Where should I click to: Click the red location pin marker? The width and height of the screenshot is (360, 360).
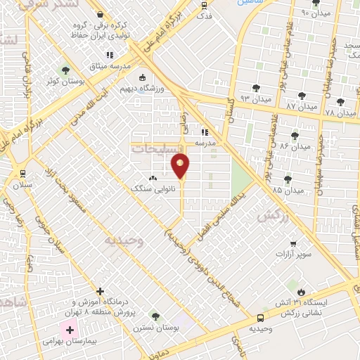tap(180, 165)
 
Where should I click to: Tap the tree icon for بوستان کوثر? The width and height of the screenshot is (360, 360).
tap(65, 70)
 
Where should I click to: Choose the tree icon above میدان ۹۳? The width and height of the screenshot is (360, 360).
tap(254, 88)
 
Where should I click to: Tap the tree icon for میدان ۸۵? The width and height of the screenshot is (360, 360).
tap(287, 179)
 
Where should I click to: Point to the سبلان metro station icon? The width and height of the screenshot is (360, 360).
tap(23, 174)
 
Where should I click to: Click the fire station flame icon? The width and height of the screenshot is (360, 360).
tap(302, 292)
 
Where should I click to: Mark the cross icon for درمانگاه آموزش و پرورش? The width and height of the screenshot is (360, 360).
tap(100, 291)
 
